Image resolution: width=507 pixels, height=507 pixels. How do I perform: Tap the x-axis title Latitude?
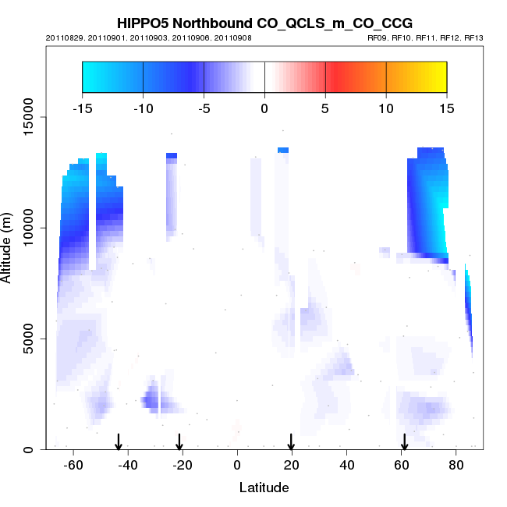click(x=264, y=487)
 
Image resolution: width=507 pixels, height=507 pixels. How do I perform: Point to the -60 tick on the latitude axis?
click(x=73, y=465)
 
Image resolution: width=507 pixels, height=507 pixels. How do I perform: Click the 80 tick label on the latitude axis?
click(x=456, y=465)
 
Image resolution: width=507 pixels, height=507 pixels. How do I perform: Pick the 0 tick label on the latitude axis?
click(x=237, y=465)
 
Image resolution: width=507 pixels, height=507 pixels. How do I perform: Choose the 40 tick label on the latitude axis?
click(x=346, y=465)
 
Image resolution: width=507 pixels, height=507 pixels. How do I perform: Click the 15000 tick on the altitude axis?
click(x=27, y=117)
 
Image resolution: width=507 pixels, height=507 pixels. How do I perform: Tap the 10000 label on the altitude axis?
click(x=27, y=228)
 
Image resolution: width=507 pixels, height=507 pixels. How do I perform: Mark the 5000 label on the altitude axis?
click(x=27, y=339)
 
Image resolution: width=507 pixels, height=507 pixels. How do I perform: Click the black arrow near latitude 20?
click(x=291, y=441)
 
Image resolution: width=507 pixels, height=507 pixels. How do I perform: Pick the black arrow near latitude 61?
click(x=404, y=441)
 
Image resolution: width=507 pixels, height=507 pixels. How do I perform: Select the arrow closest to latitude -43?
click(x=119, y=441)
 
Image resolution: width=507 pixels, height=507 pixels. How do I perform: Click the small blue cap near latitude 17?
click(x=282, y=150)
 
